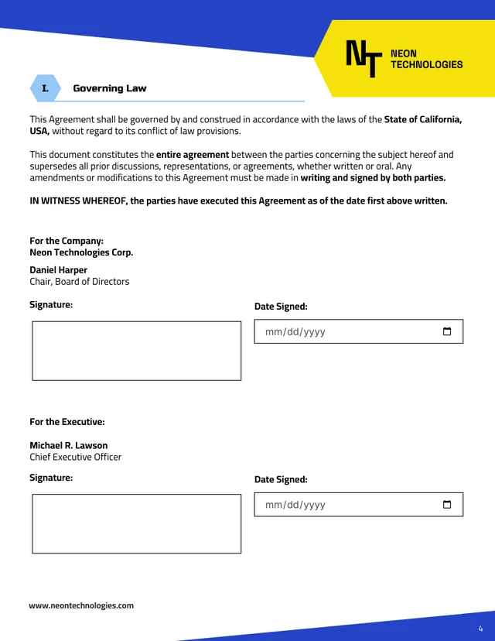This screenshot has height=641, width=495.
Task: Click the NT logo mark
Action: click(x=364, y=58)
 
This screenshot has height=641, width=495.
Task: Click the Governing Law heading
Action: click(x=109, y=88)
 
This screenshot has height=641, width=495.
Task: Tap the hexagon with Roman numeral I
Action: click(x=45, y=88)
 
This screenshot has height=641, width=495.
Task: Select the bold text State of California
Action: click(x=423, y=120)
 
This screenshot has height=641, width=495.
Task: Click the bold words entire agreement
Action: click(x=193, y=155)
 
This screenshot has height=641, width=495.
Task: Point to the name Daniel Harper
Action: click(x=59, y=270)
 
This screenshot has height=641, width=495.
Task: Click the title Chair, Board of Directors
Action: click(x=80, y=282)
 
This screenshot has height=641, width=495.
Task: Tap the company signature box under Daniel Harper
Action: click(x=136, y=351)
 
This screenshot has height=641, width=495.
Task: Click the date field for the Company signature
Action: click(x=348, y=331)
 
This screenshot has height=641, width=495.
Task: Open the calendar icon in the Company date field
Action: click(x=447, y=331)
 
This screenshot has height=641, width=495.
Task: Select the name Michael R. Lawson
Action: click(x=69, y=445)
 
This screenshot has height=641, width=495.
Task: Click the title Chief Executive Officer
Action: click(x=76, y=457)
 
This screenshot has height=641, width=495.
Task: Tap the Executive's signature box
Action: click(x=136, y=524)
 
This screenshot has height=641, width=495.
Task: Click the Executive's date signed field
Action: click(x=348, y=505)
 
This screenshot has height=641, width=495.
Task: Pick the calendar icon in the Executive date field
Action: click(x=447, y=505)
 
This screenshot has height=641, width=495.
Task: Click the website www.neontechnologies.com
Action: click(x=81, y=605)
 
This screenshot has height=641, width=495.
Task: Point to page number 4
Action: click(x=480, y=628)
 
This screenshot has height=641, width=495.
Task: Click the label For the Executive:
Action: click(x=67, y=422)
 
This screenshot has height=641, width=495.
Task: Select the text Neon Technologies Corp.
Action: click(x=81, y=252)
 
